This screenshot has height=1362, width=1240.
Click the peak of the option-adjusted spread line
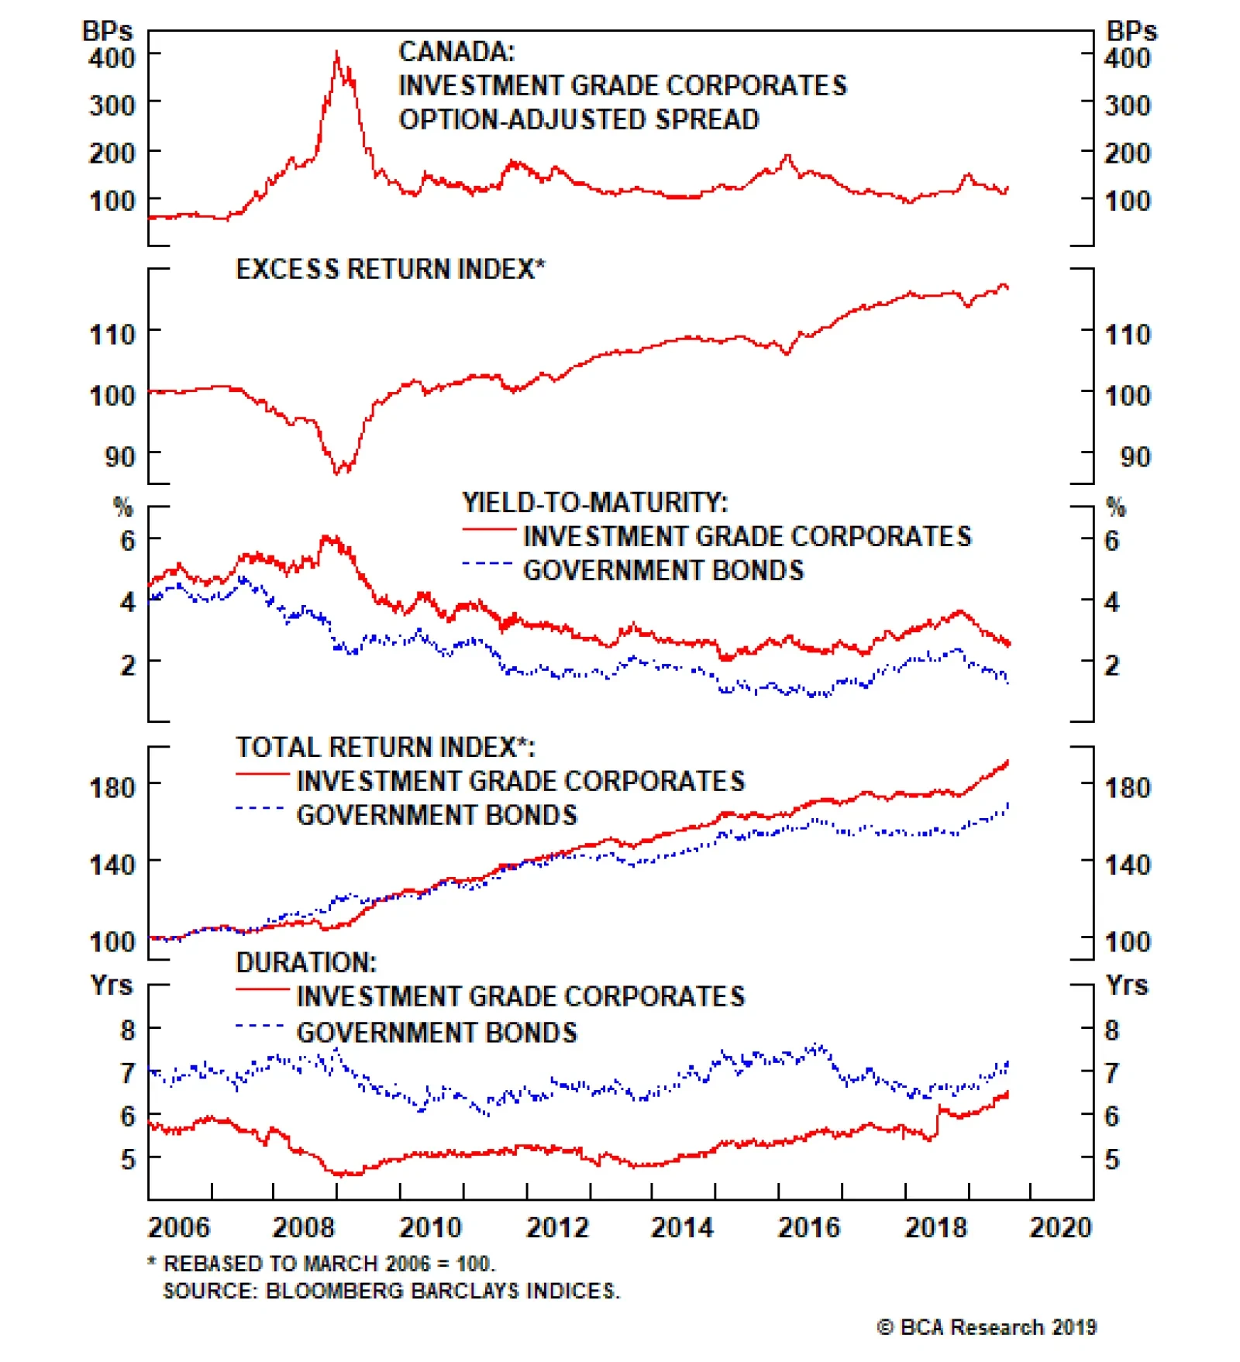[336, 53]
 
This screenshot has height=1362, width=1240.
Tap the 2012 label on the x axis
[557, 1227]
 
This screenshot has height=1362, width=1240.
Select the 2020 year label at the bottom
[1059, 1227]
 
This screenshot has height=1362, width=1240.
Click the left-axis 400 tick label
[112, 57]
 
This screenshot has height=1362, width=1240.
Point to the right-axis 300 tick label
[1127, 105]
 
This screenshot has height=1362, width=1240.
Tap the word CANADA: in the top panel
[456, 52]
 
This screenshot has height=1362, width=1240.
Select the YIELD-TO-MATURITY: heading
[595, 503]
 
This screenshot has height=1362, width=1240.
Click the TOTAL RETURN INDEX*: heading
[385, 747]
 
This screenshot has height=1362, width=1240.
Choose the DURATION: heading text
[306, 962]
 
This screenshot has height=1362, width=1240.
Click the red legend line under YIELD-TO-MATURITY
[489, 530]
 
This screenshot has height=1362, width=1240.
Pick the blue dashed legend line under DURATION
[261, 1027]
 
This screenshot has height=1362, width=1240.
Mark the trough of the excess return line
[337, 473]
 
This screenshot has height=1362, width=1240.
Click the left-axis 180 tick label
[112, 787]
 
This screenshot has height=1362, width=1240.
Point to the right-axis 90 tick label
[1135, 456]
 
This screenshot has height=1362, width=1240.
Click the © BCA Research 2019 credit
[987, 1327]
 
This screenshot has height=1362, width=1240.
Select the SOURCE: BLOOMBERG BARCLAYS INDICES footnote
[391, 1291]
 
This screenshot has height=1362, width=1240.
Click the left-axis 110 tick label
[112, 335]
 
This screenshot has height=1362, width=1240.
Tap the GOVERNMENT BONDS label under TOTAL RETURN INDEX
[437, 815]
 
